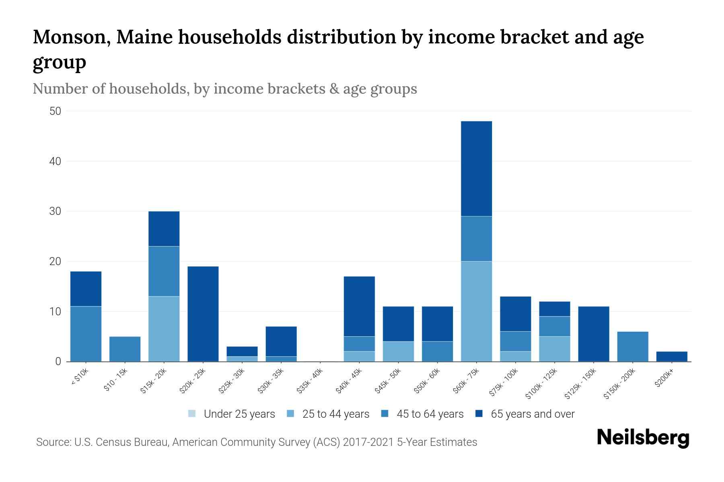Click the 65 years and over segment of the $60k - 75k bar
pos(476,169)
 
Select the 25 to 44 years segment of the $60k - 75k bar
pos(476,311)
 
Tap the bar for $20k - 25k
pos(203,314)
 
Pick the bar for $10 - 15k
pos(125,349)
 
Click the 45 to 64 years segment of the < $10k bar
pos(86,334)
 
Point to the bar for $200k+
pos(672,357)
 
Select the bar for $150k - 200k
pos(633,346)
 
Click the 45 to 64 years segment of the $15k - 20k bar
pos(164,271)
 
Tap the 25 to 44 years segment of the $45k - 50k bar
pos(398,351)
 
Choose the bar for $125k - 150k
pos(594,334)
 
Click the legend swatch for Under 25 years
pos(192,414)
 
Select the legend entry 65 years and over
pos(532,414)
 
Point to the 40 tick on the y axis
pos(56,161)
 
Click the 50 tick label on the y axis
pos(56,111)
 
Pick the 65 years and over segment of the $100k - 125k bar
pos(555,309)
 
